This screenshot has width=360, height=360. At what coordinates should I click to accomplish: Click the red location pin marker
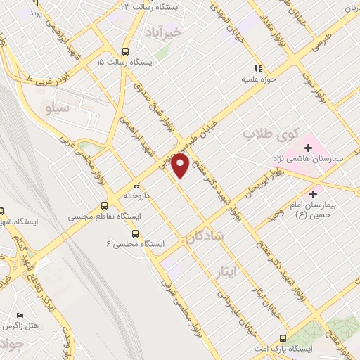[180, 166]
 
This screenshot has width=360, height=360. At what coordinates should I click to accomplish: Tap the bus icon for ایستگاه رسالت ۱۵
[125, 51]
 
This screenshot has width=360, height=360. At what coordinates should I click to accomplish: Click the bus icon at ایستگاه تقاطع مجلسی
[104, 206]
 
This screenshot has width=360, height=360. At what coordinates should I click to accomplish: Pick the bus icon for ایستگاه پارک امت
[283, 338]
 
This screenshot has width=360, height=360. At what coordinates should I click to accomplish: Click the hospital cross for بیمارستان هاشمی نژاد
[308, 148]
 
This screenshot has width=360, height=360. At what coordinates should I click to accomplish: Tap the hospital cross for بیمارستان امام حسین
[314, 191]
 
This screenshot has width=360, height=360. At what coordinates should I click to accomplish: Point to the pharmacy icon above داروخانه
[136, 184]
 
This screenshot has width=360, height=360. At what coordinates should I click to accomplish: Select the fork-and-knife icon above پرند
[34, 3]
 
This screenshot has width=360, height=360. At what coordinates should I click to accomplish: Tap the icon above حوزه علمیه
[258, 68]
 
